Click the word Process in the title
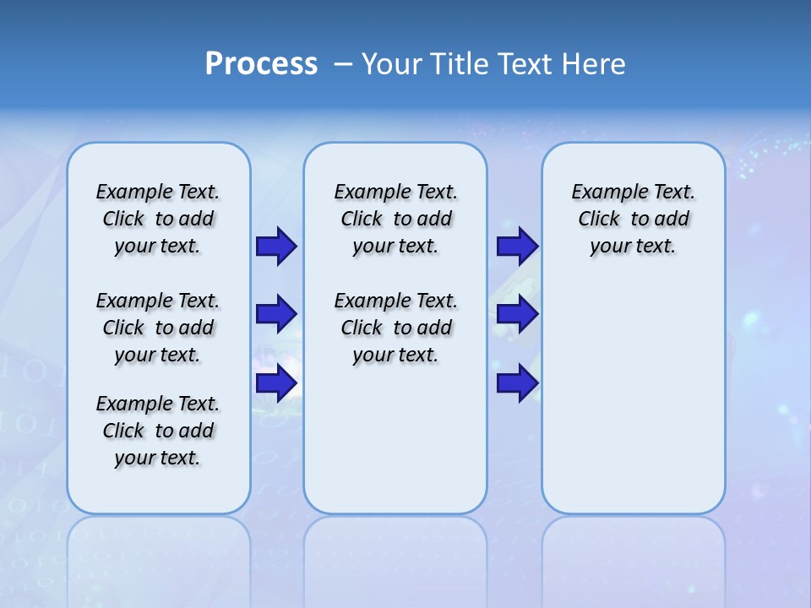[x=261, y=63]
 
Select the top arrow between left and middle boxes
[x=276, y=246]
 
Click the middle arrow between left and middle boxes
[x=276, y=314]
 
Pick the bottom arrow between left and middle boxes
[x=276, y=383]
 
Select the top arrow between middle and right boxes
[x=517, y=246]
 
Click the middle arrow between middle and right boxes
[x=517, y=314]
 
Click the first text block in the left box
[x=158, y=219]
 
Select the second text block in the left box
[x=158, y=328]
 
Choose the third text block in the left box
[x=158, y=431]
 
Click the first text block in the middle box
[x=395, y=219]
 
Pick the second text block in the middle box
[x=395, y=328]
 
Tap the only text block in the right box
[x=634, y=219]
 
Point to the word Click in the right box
[x=599, y=220]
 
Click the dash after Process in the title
[x=343, y=64]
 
